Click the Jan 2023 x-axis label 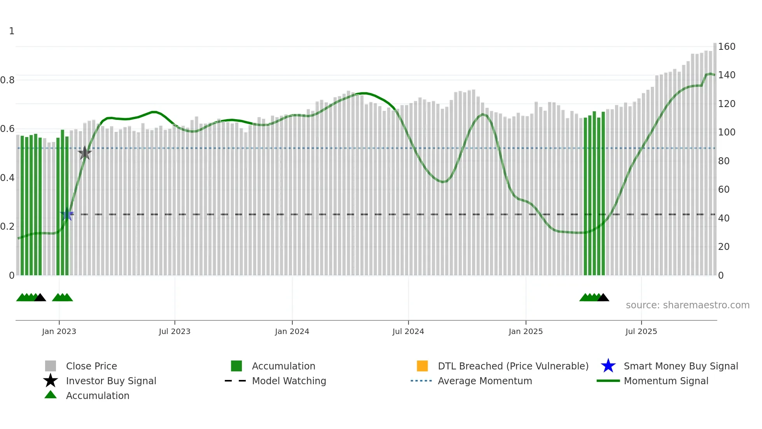pos(59,331)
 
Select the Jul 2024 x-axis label pos(408,331)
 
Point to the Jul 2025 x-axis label pos(641,331)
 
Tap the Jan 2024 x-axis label pos(292,331)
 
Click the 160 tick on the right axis pos(727,47)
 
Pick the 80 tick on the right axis pos(724,161)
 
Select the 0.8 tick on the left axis pos(7,80)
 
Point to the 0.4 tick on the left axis pos(7,178)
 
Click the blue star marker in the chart pos(67,214)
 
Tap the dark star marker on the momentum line pos(85,153)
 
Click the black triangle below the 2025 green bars pos(603,298)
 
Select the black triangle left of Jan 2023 pos(40,298)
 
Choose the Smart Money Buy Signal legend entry pos(681,366)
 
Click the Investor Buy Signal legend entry pos(111,381)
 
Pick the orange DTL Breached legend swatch pos(422,366)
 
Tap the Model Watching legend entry pos(289,381)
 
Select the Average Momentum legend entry pos(485,381)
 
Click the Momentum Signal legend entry pos(666,381)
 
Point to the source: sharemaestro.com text pos(687,305)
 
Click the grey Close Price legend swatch pos(51,366)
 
